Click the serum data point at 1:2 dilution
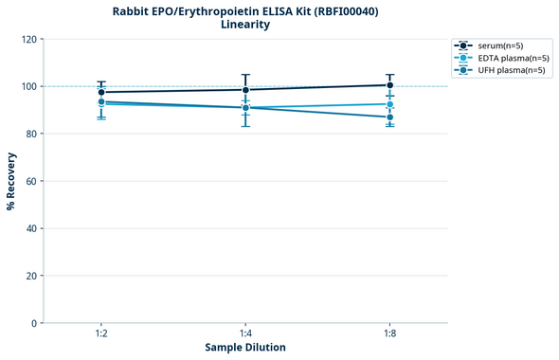pyautogui.click(x=101, y=92)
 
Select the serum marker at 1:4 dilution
pyautogui.click(x=245, y=90)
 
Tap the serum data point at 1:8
pyautogui.click(x=390, y=85)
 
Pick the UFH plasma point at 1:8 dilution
pyautogui.click(x=390, y=117)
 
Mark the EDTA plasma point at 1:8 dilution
pyautogui.click(x=390, y=104)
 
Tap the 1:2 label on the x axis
pyautogui.click(x=101, y=334)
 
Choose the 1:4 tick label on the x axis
pyautogui.click(x=245, y=334)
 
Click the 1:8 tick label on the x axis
pyautogui.click(x=390, y=334)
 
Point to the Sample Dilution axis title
pyautogui.click(x=245, y=348)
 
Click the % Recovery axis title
pyautogui.click(x=11, y=180)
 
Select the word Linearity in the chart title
pyautogui.click(x=245, y=25)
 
